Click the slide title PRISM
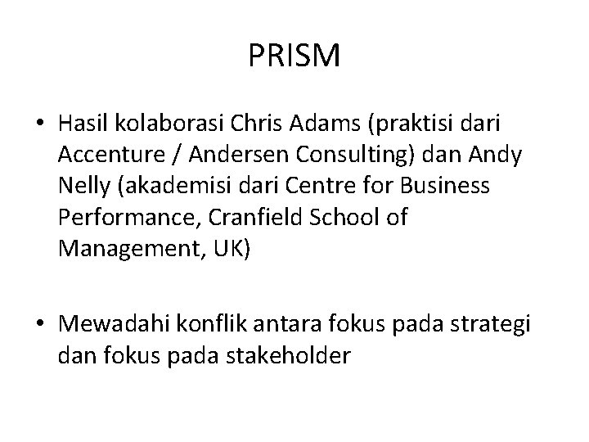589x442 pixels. [x=294, y=56]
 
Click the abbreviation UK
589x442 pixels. [x=224, y=249]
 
